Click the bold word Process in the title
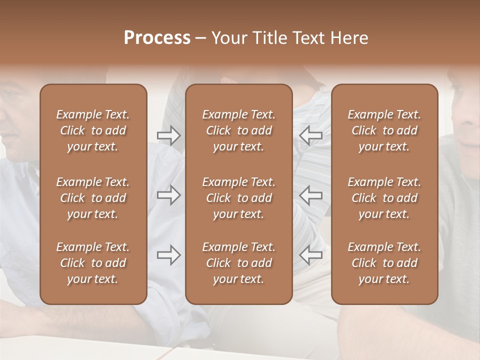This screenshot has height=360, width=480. click(x=157, y=38)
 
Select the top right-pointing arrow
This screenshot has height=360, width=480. click(x=168, y=135)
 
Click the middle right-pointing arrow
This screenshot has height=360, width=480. click(x=168, y=195)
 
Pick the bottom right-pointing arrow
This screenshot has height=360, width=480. click(x=168, y=255)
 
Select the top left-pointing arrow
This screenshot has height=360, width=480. click(x=311, y=135)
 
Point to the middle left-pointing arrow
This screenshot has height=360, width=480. click(x=311, y=195)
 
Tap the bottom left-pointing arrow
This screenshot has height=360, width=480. click(x=311, y=255)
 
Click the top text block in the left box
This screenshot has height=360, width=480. click(x=93, y=130)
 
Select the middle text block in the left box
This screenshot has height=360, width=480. click(x=93, y=198)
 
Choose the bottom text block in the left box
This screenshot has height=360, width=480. click(x=93, y=263)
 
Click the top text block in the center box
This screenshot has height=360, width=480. click(x=239, y=130)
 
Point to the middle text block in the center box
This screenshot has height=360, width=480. click(x=239, y=198)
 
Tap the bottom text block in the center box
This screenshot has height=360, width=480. click(x=239, y=263)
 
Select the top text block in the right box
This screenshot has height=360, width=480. click(x=384, y=130)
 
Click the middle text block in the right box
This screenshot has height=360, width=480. click(x=384, y=198)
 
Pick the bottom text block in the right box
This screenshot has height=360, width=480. click(x=384, y=263)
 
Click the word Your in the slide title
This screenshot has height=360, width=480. click(x=227, y=38)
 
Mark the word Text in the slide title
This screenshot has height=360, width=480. click(x=308, y=38)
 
